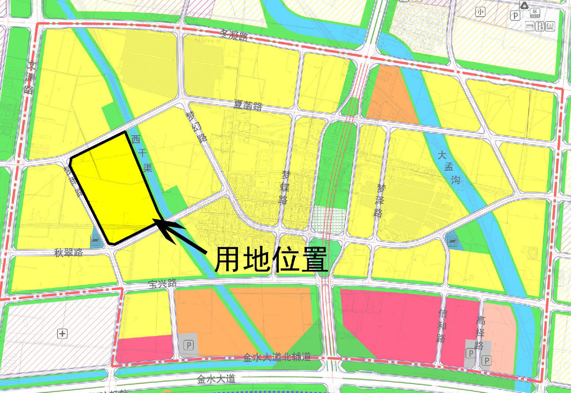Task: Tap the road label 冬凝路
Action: pyautogui.click(x=234, y=35)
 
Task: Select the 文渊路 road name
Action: pyautogui.click(x=30, y=78)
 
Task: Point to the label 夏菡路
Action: pyautogui.click(x=248, y=105)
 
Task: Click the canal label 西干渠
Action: pyautogui.click(x=142, y=153)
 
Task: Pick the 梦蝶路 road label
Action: pyautogui.click(x=284, y=187)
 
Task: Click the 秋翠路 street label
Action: pyautogui.click(x=69, y=253)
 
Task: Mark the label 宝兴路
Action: pyautogui.click(x=162, y=284)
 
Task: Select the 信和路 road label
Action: pyautogui.click(x=442, y=326)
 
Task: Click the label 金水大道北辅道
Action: pyautogui.click(x=277, y=357)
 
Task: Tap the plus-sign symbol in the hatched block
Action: pyautogui.click(x=62, y=334)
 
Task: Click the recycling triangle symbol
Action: pyautogui.click(x=524, y=5)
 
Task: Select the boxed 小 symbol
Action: pyautogui.click(x=480, y=12)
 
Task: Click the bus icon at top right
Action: pyautogui.click(x=550, y=26)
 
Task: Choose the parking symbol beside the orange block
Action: pyautogui.click(x=188, y=345)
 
